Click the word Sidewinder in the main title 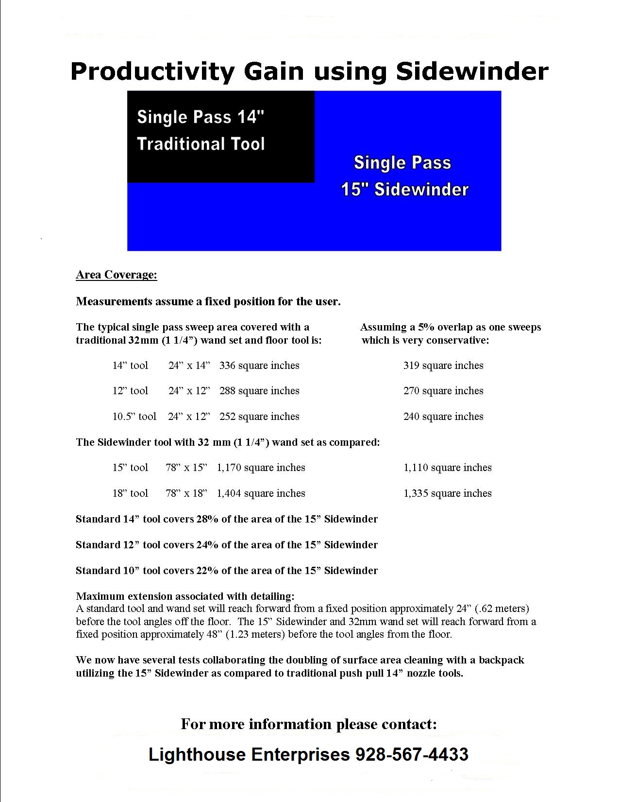pyautogui.click(x=472, y=71)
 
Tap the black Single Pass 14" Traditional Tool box pyautogui.click(x=220, y=137)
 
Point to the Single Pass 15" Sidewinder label pyautogui.click(x=404, y=176)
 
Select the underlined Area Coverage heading pyautogui.click(x=117, y=275)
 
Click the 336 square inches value pyautogui.click(x=259, y=366)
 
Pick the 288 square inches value pyautogui.click(x=259, y=391)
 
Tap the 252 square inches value pyautogui.click(x=259, y=417)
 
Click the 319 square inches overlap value pyautogui.click(x=443, y=366)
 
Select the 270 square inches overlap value pyautogui.click(x=443, y=391)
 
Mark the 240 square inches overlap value pyautogui.click(x=443, y=417)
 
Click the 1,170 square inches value pyautogui.click(x=261, y=468)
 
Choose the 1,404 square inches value pyautogui.click(x=261, y=493)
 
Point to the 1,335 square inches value pyautogui.click(x=448, y=493)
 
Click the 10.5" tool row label pyautogui.click(x=134, y=417)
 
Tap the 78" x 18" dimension pyautogui.click(x=186, y=493)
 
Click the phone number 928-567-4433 pyautogui.click(x=412, y=754)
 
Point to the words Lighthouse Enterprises pyautogui.click(x=249, y=754)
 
